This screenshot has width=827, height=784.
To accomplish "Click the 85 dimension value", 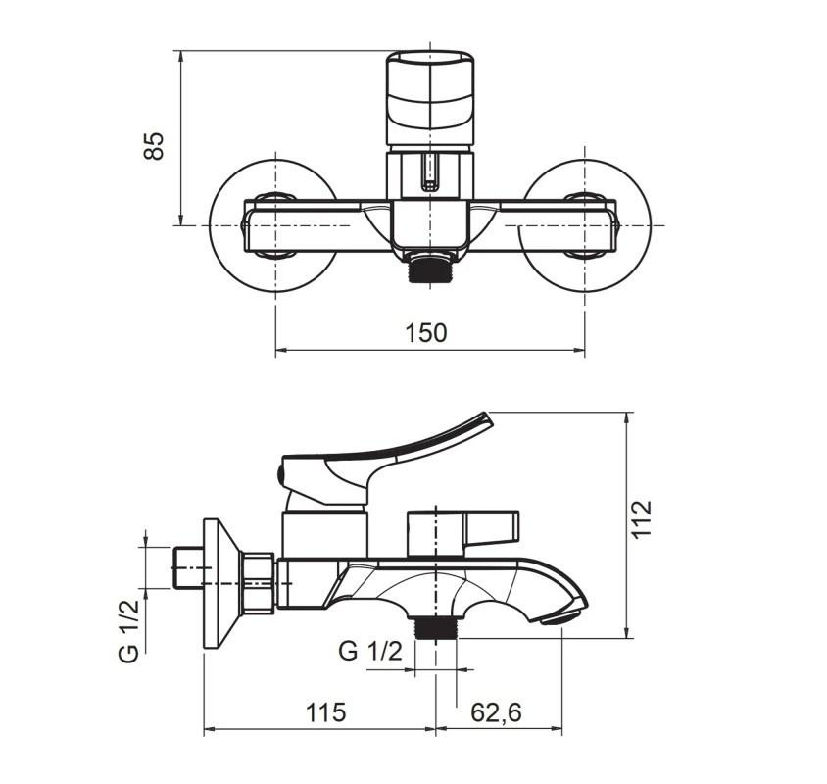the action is point(154,146).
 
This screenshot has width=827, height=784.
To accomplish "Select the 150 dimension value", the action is point(425,333).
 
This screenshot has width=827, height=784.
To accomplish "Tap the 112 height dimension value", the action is point(642,519).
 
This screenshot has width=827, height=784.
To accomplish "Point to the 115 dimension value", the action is point(326,712).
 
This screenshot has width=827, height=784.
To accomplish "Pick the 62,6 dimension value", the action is point(496,712).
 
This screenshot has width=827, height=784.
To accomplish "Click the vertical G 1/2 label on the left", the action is point(128,630).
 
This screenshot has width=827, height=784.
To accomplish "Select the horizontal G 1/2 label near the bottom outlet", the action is point(370,651).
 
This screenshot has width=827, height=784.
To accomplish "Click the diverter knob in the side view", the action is point(462,533).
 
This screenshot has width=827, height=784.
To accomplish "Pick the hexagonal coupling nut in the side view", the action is point(257,583).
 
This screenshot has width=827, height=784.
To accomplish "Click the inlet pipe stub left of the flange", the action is point(188,567).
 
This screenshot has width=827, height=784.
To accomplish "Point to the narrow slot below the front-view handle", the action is point(430,172).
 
